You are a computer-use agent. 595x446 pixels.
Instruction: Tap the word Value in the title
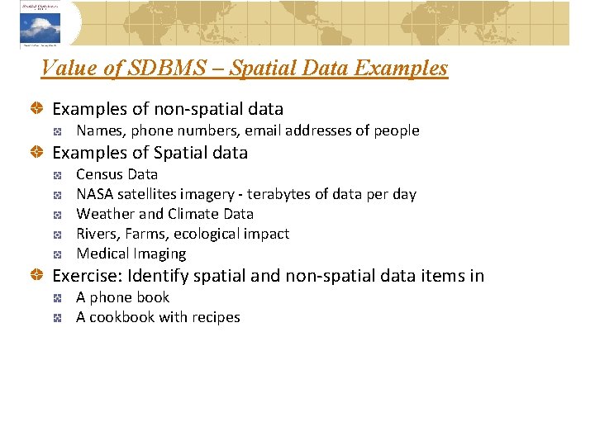(x=64, y=68)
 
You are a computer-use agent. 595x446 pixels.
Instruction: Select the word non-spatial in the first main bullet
(x=173, y=109)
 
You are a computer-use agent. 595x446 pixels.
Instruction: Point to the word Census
(x=99, y=174)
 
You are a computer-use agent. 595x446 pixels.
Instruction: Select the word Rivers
(x=98, y=234)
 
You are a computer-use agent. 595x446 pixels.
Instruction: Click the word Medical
(x=102, y=254)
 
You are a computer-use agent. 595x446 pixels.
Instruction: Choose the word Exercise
(x=86, y=276)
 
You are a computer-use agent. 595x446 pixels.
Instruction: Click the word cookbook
(x=121, y=317)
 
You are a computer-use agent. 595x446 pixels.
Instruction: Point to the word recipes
(x=216, y=317)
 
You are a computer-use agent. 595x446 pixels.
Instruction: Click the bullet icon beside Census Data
(x=58, y=175)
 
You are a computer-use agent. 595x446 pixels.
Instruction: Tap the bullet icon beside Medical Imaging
(x=58, y=254)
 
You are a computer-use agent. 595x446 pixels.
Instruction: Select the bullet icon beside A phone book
(x=58, y=298)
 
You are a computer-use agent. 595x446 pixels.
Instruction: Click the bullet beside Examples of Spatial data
(x=37, y=153)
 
